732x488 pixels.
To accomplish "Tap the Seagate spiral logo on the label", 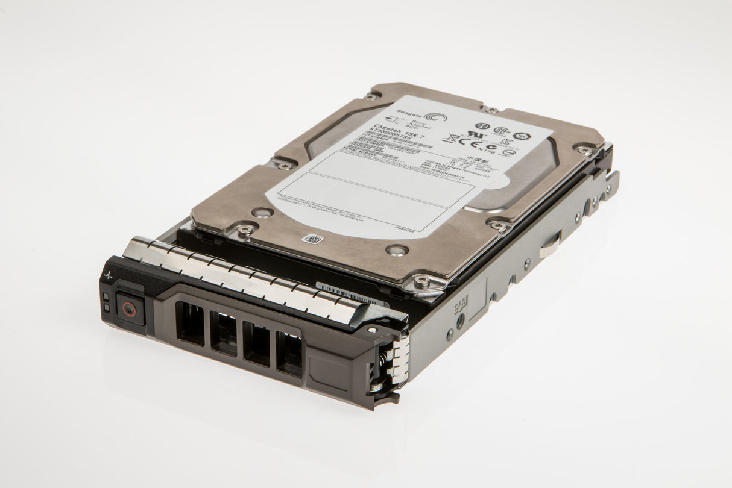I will pos(435,117).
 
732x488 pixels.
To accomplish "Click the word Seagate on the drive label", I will pos(408,119).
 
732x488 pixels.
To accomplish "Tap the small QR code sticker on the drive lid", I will pos(314,239).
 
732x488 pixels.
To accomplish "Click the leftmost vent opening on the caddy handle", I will pos(190,324).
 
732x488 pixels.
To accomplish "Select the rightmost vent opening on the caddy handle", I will pos(288,354).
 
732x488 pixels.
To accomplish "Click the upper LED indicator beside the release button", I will pos(106,296).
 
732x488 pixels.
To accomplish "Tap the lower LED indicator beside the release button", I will pos(107,308).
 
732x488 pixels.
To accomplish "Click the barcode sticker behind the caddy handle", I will pos(349,294).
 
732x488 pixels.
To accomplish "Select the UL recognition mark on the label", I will pos(476,134).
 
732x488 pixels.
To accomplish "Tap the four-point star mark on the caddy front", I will pos(109,275).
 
